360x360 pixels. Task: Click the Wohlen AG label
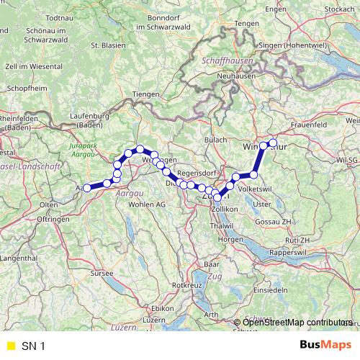point(147,205)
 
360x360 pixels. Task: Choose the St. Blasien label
point(104,45)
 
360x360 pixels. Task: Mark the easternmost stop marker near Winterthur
point(272,142)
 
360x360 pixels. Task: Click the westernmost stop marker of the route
point(87,188)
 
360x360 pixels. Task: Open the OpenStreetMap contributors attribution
point(297,323)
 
